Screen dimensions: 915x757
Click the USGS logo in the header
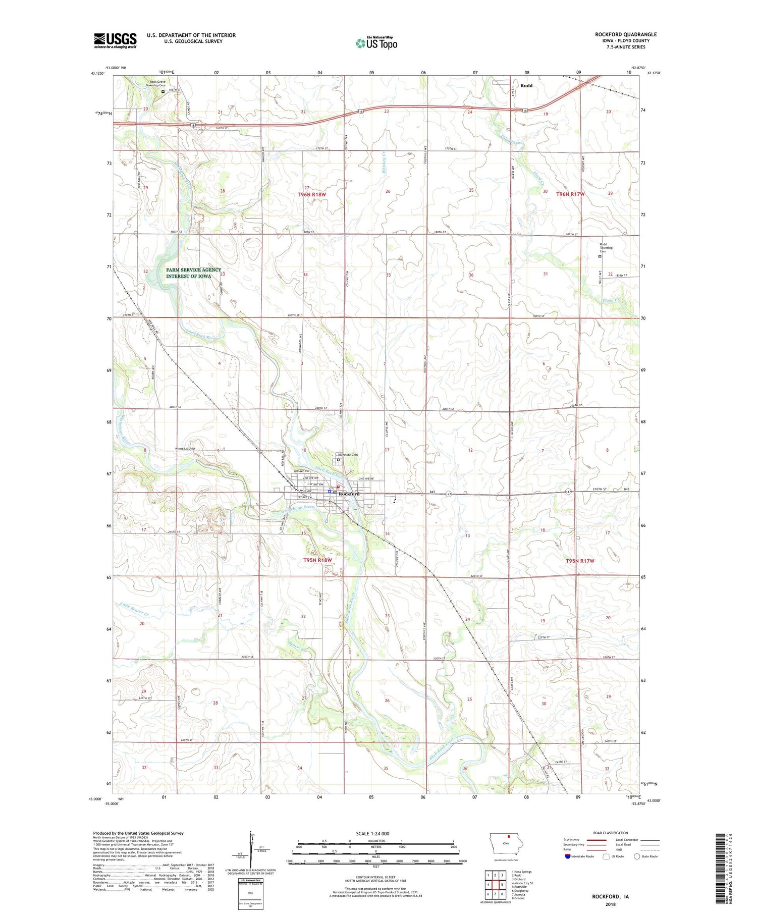point(115,40)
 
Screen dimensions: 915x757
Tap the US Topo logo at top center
point(376,43)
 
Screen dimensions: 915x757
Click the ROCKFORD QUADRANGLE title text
point(625,35)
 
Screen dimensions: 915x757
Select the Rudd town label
point(526,86)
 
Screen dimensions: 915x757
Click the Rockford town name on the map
point(349,494)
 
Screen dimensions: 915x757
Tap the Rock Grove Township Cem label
point(155,84)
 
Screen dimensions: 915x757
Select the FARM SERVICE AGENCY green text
point(193,270)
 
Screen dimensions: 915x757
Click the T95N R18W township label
point(317,560)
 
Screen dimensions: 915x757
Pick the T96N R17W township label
point(570,194)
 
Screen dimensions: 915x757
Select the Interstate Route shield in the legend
point(568,856)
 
